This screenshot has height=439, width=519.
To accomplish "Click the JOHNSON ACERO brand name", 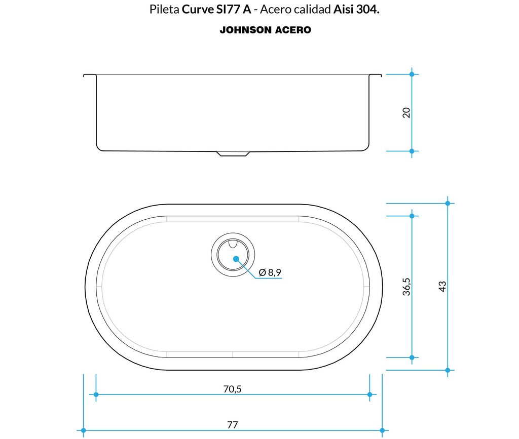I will tap(265, 30).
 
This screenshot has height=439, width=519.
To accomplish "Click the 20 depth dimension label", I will tap(406, 112).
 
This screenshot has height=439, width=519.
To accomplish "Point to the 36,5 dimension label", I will tap(406, 286).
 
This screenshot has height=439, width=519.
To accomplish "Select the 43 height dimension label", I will tap(442, 286).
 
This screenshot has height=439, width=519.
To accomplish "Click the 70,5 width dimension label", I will tap(232, 389).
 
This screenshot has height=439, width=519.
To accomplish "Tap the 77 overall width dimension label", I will tap(232, 425).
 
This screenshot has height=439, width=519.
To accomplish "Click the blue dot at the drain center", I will tap(236, 259).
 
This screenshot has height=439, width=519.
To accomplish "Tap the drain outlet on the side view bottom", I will tap(233, 153).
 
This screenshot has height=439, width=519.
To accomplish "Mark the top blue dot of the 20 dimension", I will tap(412, 74).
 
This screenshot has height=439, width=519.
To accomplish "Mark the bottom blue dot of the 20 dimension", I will tap(412, 151).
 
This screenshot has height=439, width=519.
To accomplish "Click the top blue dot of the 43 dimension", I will tap(448, 203).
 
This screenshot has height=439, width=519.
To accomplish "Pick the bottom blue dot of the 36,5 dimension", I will tap(412, 357).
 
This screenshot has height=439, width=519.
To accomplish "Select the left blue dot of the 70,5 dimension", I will tap(95, 394).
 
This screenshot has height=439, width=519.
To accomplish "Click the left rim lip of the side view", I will tap(90, 75).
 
